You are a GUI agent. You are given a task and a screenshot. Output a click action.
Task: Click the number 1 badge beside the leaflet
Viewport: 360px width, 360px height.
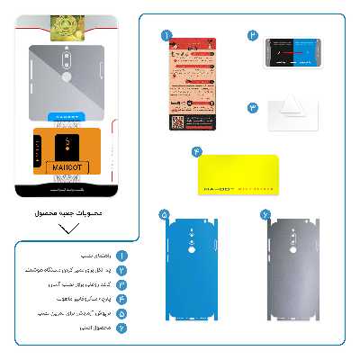(166, 35)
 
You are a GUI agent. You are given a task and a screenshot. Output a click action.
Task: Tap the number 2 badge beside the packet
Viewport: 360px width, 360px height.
(253, 36)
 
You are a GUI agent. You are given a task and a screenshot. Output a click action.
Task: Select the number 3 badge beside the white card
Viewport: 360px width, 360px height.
(253, 107)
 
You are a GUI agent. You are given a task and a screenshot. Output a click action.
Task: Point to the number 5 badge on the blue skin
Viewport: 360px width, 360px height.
(164, 215)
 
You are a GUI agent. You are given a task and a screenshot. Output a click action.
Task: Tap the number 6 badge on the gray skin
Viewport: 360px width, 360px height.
(265, 215)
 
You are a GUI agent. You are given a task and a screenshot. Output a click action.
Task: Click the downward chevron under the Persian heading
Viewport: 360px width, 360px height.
(67, 228)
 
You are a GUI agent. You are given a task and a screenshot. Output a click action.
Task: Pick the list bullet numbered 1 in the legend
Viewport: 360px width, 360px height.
(120, 255)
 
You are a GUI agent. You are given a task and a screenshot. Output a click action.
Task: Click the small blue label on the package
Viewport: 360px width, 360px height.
(67, 116)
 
